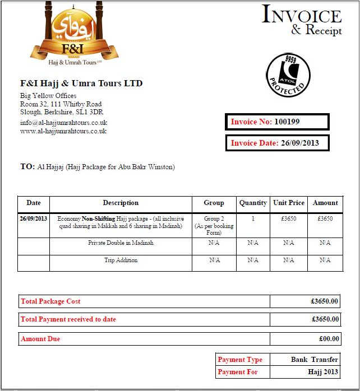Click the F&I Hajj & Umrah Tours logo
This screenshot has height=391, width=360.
click(x=74, y=35)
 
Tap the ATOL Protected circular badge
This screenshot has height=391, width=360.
click(x=287, y=76)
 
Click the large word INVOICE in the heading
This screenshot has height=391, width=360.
click(x=302, y=15)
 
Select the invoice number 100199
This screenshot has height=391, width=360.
click(x=287, y=122)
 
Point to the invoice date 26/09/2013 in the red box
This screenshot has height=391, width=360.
click(x=300, y=143)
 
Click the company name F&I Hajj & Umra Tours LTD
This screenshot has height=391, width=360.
click(x=81, y=83)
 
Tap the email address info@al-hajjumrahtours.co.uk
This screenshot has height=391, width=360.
click(x=63, y=122)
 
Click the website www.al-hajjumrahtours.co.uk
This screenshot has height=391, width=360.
click(x=63, y=131)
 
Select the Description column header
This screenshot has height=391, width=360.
click(x=121, y=203)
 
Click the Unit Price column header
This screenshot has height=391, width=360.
click(x=289, y=203)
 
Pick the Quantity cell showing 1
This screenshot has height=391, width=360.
click(x=253, y=218)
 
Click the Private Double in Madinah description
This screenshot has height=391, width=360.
click(x=121, y=243)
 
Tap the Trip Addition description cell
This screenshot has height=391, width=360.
click(x=121, y=260)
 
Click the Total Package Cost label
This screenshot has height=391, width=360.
click(x=50, y=301)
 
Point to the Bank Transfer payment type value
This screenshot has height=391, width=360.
click(x=315, y=360)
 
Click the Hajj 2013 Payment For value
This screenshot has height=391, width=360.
click(x=324, y=372)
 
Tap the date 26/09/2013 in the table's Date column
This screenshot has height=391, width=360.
click(x=34, y=218)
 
